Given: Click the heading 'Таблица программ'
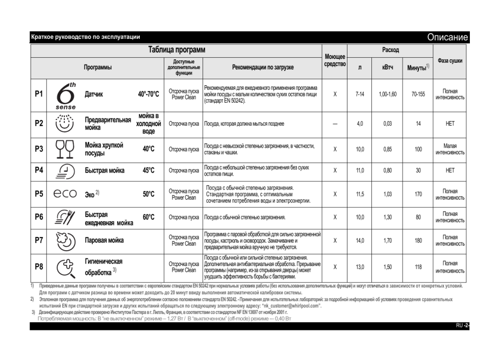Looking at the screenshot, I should [177, 51].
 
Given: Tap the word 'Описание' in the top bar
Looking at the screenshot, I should [447, 37].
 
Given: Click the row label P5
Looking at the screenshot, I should [39, 194].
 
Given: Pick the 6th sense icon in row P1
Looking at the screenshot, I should [65, 95].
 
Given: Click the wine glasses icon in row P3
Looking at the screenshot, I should [65, 149].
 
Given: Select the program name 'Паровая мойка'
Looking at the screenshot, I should [104, 240].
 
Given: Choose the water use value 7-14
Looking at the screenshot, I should [360, 94].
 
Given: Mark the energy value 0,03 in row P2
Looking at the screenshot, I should [387, 124].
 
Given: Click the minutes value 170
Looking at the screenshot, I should [418, 194].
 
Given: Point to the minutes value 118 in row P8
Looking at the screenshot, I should [418, 267].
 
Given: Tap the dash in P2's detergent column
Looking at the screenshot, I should [335, 124].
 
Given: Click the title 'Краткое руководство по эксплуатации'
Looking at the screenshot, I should [85, 37].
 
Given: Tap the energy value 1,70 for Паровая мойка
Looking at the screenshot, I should [387, 240].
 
